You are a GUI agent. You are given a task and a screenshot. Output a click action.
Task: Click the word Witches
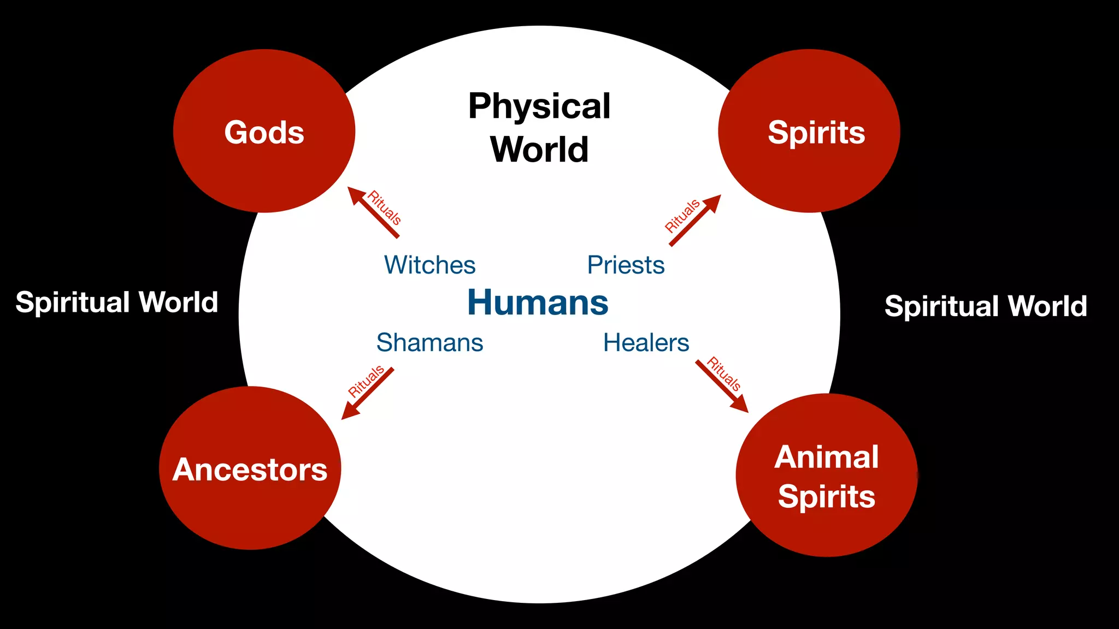(x=429, y=265)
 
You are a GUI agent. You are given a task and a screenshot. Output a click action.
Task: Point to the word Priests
(x=626, y=265)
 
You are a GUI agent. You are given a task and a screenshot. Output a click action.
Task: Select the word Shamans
(x=429, y=343)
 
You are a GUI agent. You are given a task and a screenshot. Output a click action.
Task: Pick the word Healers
(x=646, y=343)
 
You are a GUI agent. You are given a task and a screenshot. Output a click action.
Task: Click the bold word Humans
(x=538, y=302)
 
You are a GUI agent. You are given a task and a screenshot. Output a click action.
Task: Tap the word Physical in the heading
(x=539, y=106)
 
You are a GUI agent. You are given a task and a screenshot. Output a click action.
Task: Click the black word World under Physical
(x=539, y=149)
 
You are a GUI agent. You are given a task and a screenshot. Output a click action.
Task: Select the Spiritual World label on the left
(x=117, y=302)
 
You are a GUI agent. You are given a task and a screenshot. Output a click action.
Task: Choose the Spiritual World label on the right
(x=986, y=306)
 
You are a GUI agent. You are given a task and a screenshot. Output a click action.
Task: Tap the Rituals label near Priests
(x=682, y=216)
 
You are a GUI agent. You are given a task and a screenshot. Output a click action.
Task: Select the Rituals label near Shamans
(x=366, y=381)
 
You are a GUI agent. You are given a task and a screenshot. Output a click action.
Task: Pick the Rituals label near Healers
(x=725, y=374)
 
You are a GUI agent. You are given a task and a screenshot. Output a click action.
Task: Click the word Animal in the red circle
(x=826, y=457)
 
